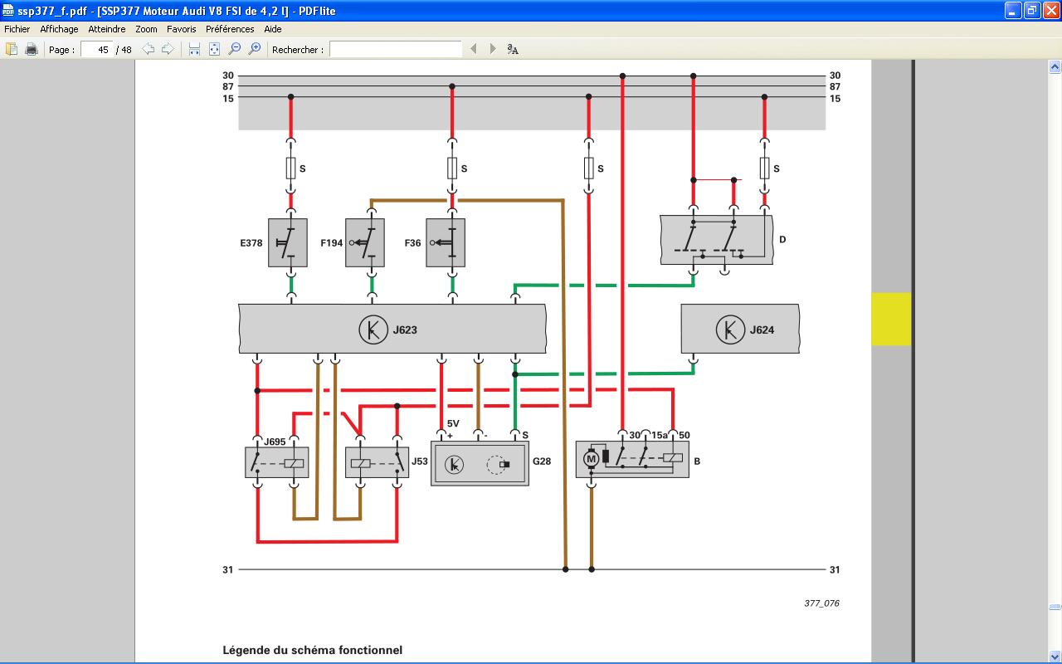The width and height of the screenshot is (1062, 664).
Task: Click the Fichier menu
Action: (17, 28)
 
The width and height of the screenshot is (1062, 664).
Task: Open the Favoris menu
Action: (181, 28)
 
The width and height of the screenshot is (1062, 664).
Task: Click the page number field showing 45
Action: (97, 50)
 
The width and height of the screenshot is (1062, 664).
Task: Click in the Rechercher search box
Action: (396, 50)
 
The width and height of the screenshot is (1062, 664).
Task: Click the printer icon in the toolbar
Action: (32, 50)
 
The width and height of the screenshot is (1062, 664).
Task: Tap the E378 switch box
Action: (288, 243)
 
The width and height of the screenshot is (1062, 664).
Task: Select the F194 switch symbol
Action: (365, 243)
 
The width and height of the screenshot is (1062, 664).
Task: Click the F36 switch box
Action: (446, 243)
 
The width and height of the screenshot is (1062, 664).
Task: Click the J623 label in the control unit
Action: (405, 330)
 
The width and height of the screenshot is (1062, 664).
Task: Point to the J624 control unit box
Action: (740, 329)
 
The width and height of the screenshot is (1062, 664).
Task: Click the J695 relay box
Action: (277, 462)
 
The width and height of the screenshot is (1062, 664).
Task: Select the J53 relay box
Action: (377, 462)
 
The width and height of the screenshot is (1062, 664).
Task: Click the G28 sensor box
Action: (480, 463)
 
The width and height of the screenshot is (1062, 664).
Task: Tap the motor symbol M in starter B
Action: (592, 458)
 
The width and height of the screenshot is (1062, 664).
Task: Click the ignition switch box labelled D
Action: (716, 240)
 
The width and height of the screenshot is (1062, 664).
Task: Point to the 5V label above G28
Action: (453, 424)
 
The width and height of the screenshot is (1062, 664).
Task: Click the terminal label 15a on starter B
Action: (659, 435)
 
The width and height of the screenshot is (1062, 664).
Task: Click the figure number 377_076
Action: (821, 603)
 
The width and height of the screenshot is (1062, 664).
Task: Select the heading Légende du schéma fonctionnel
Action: (312, 650)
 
